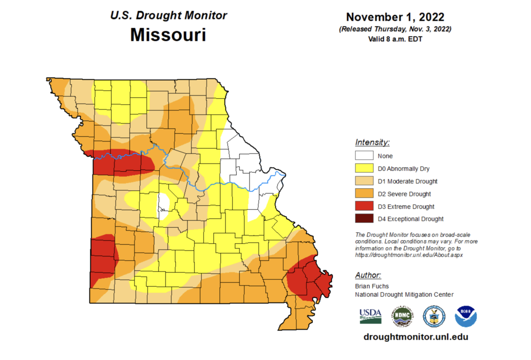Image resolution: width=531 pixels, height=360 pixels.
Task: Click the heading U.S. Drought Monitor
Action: [168, 15]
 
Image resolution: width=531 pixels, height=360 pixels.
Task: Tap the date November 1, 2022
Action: [395, 17]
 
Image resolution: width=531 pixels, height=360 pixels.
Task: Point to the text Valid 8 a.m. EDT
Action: [395, 38]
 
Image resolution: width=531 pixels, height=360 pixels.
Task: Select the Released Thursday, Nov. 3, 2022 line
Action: [395, 29]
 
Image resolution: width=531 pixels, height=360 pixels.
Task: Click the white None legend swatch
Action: [363, 156]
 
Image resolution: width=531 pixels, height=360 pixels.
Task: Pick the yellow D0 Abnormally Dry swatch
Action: [363, 169]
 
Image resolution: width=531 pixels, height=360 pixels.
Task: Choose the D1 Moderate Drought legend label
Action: [407, 181]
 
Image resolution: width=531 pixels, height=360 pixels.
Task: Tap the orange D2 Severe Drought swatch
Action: [363, 194]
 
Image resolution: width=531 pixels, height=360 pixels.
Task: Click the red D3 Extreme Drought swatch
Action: [363, 207]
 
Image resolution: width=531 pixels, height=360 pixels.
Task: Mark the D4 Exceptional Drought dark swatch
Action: [363, 219]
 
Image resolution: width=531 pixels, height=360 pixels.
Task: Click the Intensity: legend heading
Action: [372, 142]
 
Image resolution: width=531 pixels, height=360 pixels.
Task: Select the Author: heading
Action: [368, 275]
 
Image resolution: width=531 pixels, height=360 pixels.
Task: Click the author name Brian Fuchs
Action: [372, 287]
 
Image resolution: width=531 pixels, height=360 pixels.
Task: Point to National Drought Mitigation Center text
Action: [404, 295]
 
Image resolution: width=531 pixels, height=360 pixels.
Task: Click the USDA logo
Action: [370, 315]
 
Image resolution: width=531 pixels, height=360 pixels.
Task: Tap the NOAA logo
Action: [466, 316]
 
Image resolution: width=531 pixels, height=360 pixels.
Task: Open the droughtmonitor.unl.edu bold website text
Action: [416, 337]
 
